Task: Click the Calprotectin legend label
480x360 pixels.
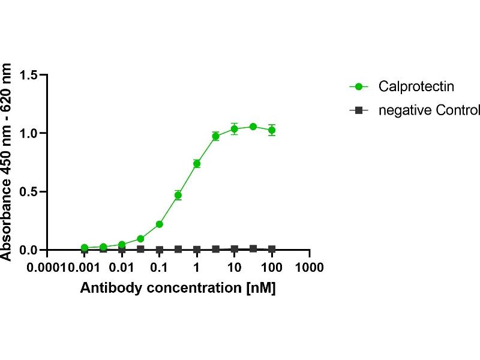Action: (416, 86)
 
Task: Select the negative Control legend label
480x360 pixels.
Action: (429, 110)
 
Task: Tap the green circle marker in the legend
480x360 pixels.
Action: (359, 86)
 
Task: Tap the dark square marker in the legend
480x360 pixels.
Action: (359, 110)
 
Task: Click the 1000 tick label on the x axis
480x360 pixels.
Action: (310, 266)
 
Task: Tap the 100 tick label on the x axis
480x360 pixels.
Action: (272, 266)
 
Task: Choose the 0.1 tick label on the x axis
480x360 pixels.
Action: (159, 266)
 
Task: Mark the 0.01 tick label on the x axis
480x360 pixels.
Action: (122, 266)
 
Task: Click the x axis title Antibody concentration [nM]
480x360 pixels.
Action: (178, 287)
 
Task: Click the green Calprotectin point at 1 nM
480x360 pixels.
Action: (197, 164)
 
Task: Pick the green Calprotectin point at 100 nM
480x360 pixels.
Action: (272, 130)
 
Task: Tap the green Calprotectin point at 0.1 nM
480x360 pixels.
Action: (160, 224)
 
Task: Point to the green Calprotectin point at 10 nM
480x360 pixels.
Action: (235, 129)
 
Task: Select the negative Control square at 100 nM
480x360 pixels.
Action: (272, 249)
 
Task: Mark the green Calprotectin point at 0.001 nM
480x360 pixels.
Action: (85, 248)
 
